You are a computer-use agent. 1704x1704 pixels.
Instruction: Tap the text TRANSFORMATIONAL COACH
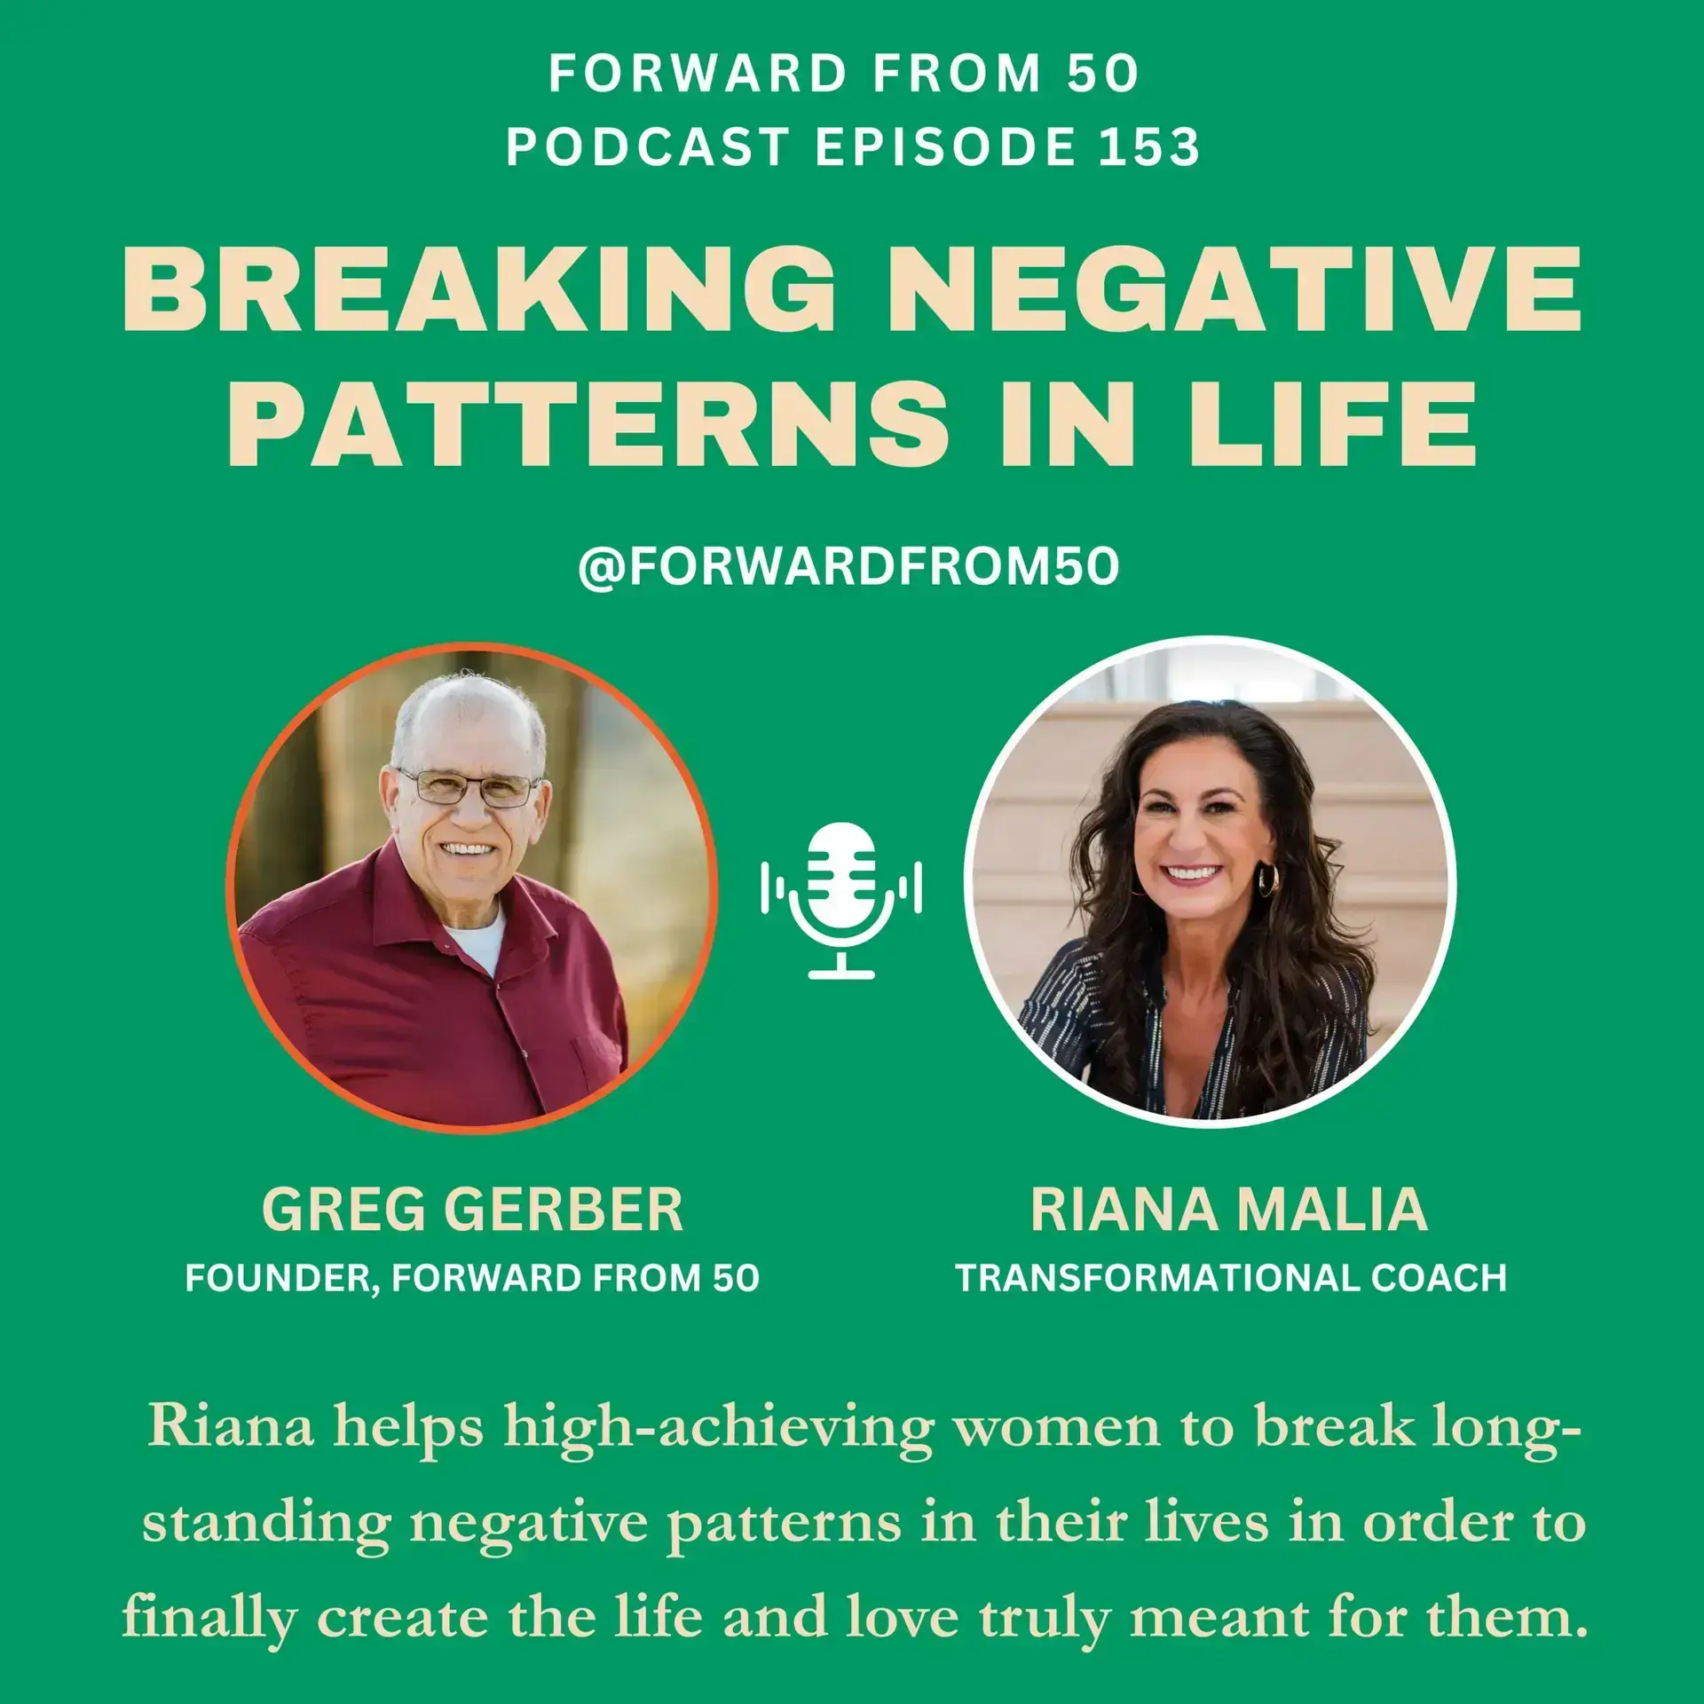1231,1279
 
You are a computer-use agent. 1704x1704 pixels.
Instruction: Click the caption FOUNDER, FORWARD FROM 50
472,1279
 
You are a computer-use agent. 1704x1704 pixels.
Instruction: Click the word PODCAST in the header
648,147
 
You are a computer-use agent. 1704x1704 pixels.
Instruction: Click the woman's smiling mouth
1191,874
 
